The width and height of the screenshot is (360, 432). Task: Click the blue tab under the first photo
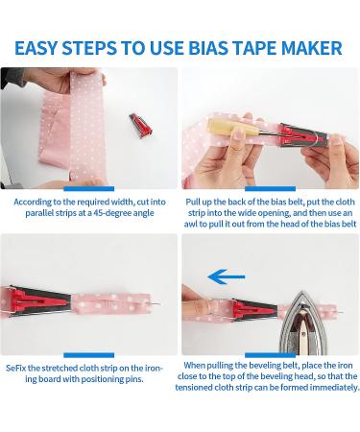(x=89, y=190)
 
